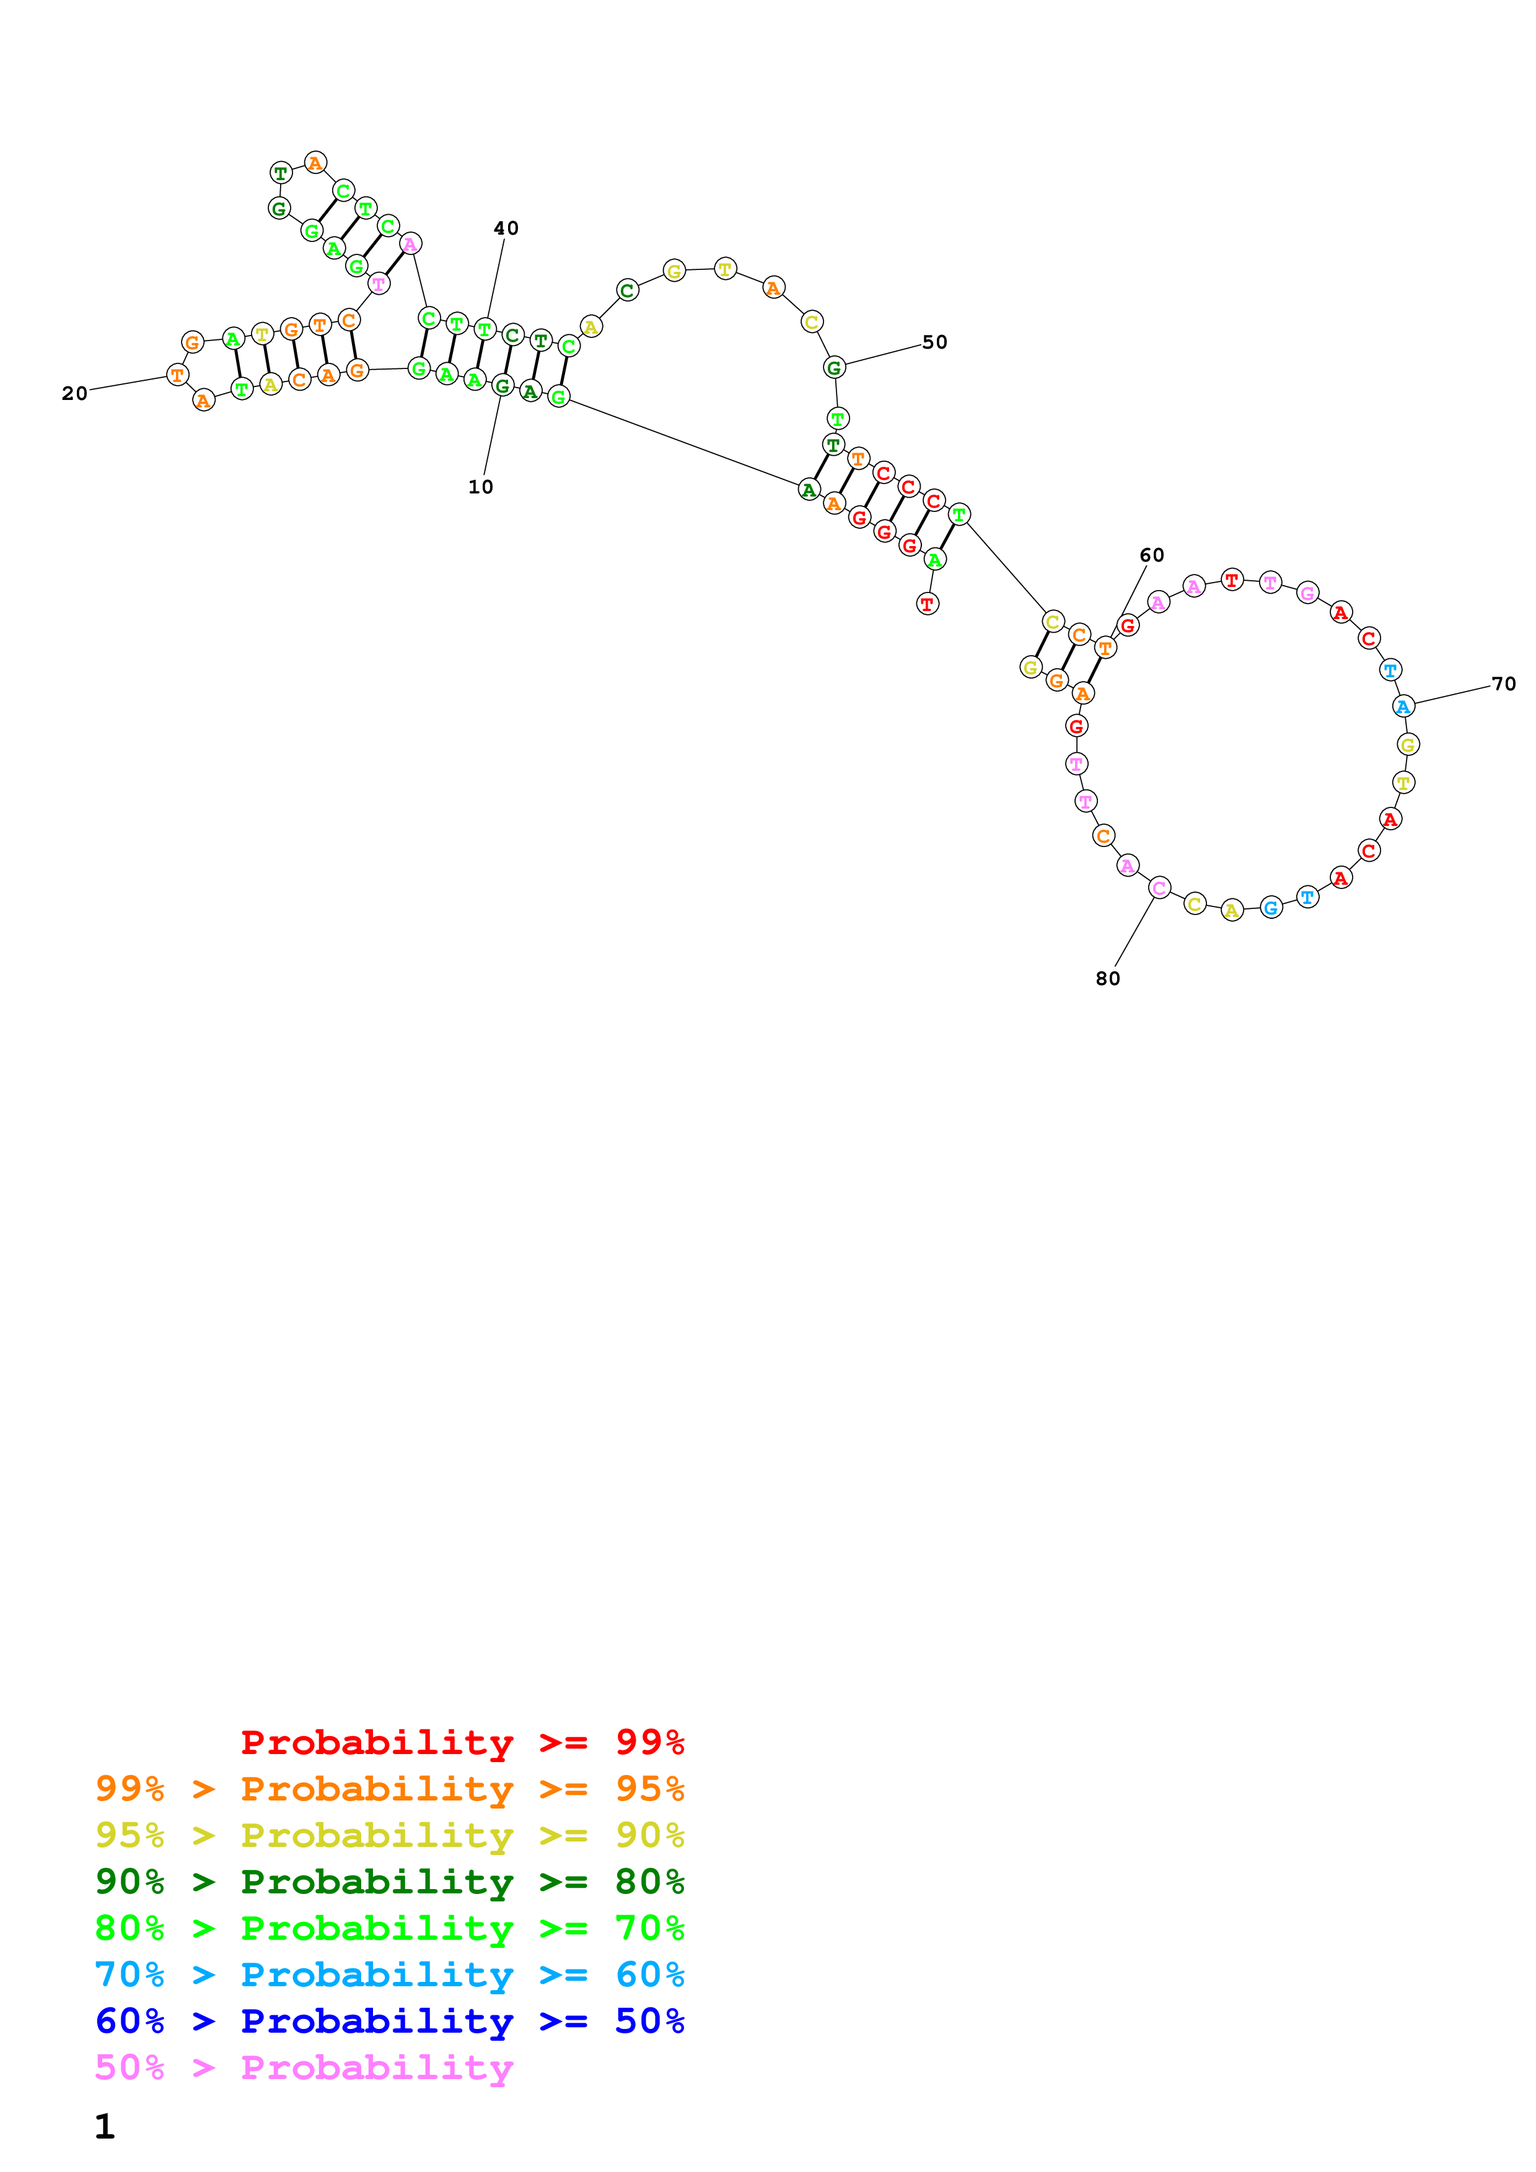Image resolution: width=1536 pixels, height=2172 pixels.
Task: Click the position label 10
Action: (481, 487)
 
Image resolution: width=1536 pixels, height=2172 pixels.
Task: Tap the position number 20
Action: (75, 394)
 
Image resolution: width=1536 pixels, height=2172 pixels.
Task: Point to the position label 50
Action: (935, 342)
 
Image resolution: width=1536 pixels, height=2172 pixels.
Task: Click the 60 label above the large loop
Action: (1152, 555)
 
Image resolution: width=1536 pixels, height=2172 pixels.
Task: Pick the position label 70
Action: (1504, 684)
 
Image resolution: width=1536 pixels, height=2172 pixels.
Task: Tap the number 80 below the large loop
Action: (1108, 979)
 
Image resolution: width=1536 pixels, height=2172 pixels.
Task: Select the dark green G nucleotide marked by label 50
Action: (834, 368)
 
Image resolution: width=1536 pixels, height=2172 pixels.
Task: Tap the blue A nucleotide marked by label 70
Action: (1403, 706)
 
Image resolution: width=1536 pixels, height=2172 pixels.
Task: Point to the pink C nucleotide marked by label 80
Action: (1159, 888)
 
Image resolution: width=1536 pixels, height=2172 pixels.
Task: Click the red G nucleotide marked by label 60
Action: (1127, 625)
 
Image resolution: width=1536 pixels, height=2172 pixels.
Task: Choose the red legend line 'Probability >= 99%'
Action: (463, 1742)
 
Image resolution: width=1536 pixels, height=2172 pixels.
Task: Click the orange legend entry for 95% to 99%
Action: (390, 1789)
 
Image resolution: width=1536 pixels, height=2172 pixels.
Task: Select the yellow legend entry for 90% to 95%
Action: (390, 1835)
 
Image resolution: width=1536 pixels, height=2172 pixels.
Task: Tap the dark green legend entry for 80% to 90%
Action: (390, 1882)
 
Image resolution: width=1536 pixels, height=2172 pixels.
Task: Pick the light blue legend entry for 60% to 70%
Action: (390, 1974)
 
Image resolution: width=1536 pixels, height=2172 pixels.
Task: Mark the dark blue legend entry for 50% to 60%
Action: (390, 2021)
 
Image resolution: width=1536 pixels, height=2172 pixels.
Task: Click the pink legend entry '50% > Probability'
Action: (304, 2068)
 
